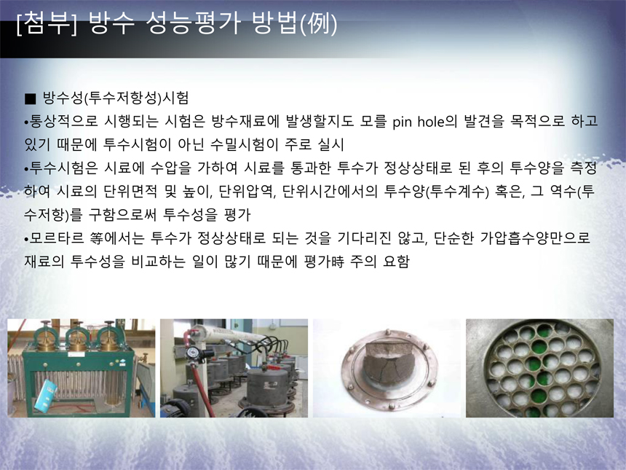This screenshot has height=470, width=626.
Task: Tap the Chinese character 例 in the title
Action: (318, 23)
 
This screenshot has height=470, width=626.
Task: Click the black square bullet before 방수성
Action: (30, 98)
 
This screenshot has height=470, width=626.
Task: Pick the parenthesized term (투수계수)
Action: (458, 192)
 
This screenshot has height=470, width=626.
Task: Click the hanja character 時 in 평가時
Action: (337, 262)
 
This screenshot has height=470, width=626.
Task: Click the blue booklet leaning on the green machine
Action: (45, 396)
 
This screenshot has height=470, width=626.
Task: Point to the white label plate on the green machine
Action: (77, 354)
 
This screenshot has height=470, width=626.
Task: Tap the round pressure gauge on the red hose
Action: (193, 353)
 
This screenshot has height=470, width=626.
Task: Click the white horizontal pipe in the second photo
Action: (231, 335)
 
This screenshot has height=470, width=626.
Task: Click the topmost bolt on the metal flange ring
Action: (387, 332)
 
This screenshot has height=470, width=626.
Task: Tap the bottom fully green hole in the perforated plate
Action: (539, 397)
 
